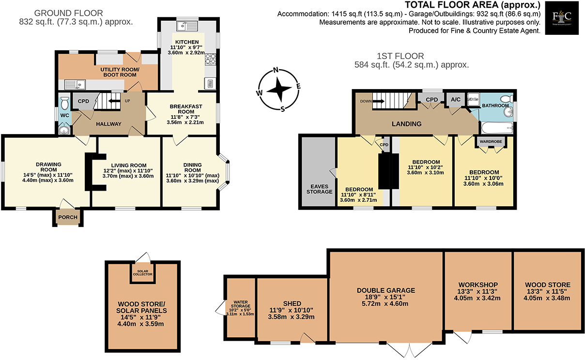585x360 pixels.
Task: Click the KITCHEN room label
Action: click(185, 42)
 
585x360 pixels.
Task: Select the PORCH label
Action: click(68, 217)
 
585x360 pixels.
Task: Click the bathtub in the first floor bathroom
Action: click(497, 128)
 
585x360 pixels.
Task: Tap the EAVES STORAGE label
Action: click(319, 188)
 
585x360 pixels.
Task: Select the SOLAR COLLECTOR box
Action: click(143, 273)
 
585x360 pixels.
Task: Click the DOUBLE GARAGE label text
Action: click(386, 290)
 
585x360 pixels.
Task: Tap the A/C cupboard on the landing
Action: click(456, 100)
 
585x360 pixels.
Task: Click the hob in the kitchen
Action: click(211, 60)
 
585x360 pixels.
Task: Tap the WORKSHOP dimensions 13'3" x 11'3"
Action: click(478, 292)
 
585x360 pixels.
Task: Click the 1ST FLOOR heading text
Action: click(400, 56)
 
